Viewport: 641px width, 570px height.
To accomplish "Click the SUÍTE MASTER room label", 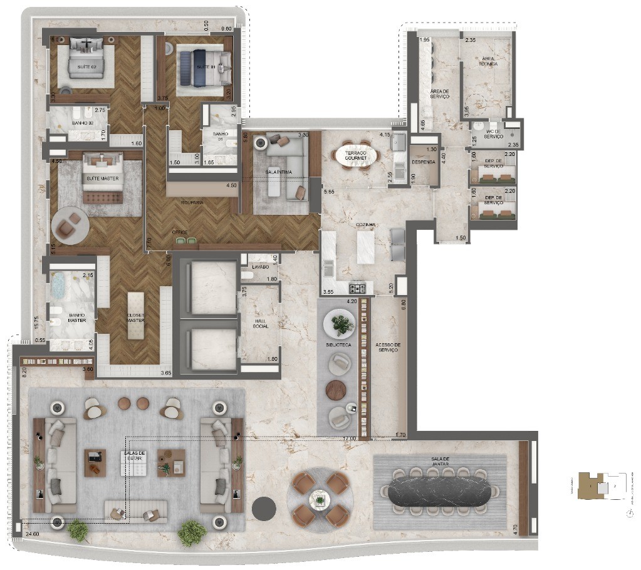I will tap(103, 179).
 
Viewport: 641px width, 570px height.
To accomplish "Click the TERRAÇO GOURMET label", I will tap(355, 155).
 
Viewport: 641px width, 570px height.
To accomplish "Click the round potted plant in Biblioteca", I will tap(342, 324).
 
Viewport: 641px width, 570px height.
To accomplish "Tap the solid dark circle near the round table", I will tap(264, 507).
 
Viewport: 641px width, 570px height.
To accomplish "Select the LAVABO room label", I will tap(260, 266).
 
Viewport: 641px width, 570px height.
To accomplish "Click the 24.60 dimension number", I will tap(32, 534).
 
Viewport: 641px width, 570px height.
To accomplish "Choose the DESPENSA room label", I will tap(423, 162).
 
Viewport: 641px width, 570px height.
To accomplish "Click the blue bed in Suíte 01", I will tap(194, 67).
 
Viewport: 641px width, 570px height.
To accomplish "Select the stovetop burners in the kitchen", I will tap(357, 288).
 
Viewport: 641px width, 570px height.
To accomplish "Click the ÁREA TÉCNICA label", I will tap(488, 61).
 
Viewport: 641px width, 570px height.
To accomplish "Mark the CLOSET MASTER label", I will tap(136, 318).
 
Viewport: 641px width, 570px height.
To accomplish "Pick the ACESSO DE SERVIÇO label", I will tap(388, 347).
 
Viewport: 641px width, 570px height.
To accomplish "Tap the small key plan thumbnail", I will tap(602, 486).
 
